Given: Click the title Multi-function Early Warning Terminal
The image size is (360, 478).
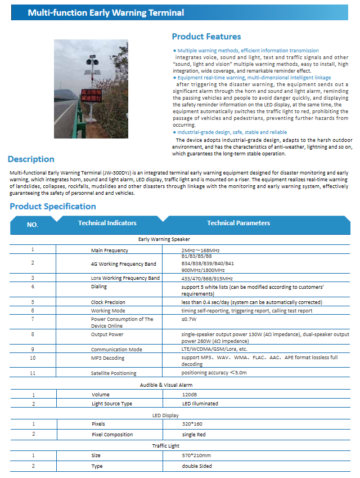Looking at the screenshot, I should pyautogui.click(x=106, y=12).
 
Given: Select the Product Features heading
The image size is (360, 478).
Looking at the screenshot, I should pyautogui.click(x=206, y=37).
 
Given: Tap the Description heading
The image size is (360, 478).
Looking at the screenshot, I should pyautogui.click(x=31, y=159).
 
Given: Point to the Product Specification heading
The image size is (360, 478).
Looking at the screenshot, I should pyautogui.click(x=53, y=207).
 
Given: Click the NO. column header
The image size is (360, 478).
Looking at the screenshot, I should pyautogui.click(x=33, y=225).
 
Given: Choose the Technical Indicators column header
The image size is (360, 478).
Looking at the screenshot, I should pyautogui.click(x=107, y=223).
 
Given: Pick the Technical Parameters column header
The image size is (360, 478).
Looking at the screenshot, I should pyautogui.click(x=238, y=223).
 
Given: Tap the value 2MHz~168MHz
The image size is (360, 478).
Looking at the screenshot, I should pyautogui.click(x=201, y=250).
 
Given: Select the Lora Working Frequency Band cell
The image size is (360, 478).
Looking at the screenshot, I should pyautogui.click(x=125, y=278).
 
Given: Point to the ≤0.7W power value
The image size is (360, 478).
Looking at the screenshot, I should pyautogui.click(x=188, y=319).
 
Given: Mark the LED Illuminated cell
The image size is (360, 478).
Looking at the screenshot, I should pyautogui.click(x=200, y=404).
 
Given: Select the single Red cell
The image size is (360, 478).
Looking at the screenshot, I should pyautogui.click(x=193, y=435).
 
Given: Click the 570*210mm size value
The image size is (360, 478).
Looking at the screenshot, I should pyautogui.click(x=196, y=455).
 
